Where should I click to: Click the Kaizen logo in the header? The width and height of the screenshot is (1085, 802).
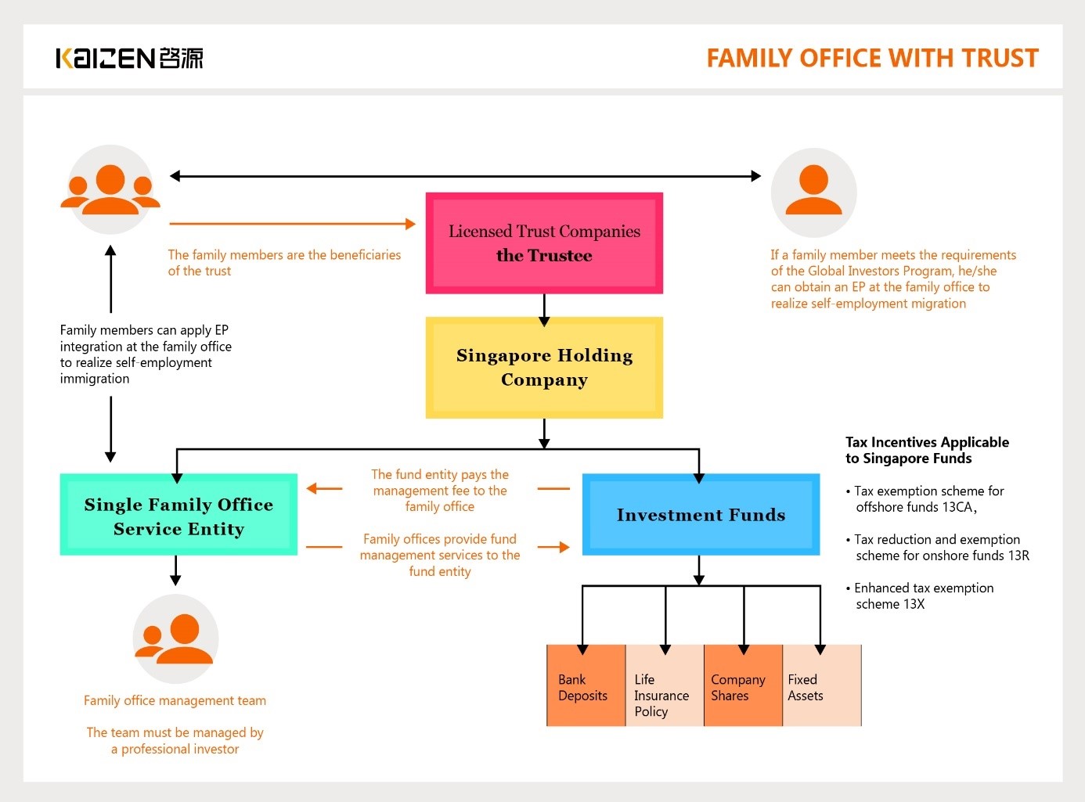tap(130, 58)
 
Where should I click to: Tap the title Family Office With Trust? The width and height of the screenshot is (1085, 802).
tap(873, 58)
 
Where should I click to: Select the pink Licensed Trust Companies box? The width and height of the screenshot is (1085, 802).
tap(544, 243)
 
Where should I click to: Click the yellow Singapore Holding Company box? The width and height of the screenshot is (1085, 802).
tap(544, 367)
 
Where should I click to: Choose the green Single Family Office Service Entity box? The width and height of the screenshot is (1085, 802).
tap(178, 515)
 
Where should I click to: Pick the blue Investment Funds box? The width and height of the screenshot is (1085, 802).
tap(701, 515)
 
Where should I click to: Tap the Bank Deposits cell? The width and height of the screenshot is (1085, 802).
tap(586, 685)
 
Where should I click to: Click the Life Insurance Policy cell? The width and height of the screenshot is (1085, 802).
tap(665, 685)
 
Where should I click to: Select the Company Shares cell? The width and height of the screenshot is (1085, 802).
tap(743, 685)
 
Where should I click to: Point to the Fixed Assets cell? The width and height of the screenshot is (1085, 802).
tap(822, 685)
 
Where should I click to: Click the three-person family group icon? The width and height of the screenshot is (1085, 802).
tap(110, 189)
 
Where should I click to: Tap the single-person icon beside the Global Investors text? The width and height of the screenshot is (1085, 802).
tap(814, 192)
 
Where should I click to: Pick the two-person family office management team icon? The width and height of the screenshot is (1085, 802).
tap(175, 638)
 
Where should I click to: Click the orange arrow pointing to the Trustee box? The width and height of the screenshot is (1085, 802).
tap(293, 224)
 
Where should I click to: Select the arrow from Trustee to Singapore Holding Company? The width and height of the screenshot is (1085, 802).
tap(544, 310)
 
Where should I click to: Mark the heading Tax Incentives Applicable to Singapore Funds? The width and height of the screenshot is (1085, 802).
tap(927, 450)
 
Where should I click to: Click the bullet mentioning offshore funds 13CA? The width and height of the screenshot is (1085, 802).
tap(925, 499)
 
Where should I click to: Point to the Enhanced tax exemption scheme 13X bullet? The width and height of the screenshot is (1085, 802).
tap(920, 595)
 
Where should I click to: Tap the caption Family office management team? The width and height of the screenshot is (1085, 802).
tap(175, 700)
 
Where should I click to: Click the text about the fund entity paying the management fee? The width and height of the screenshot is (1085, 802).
tap(440, 490)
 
